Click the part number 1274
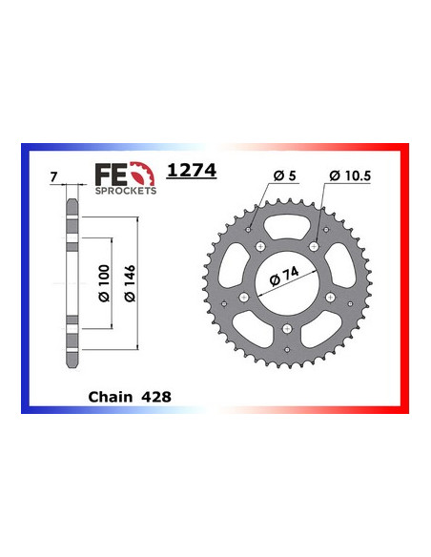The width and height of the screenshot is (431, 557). tap(192, 171)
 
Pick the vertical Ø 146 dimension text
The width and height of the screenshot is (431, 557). tap(128, 282)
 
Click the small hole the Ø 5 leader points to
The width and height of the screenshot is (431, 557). tap(252, 230)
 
